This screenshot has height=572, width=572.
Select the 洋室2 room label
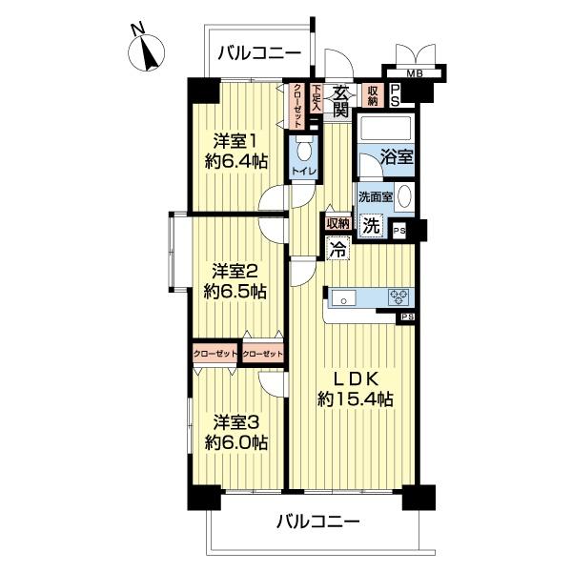(235, 270)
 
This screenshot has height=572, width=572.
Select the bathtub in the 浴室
(386, 128)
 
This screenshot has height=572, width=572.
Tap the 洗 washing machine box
(373, 227)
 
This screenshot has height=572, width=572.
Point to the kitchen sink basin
(343, 298)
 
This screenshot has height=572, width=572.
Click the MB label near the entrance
(415, 73)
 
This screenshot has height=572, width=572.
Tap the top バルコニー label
(256, 52)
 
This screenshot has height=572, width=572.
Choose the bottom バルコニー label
(318, 521)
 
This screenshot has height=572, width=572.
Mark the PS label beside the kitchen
(407, 317)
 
